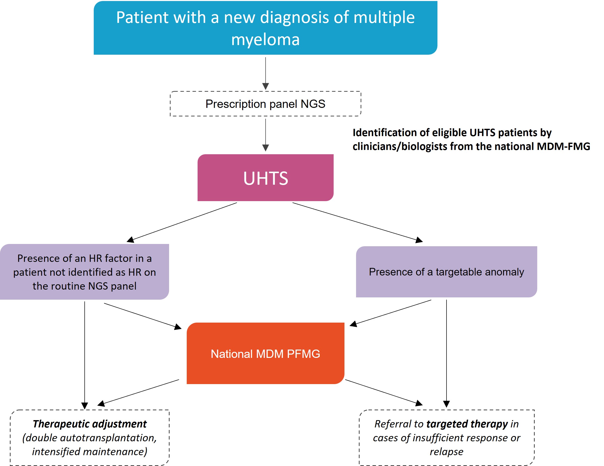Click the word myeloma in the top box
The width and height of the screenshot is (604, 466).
tap(265, 40)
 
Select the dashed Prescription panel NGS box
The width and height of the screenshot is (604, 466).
tap(265, 104)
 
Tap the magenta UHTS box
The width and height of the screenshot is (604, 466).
tap(265, 177)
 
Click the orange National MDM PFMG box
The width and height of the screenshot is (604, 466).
tap(265, 353)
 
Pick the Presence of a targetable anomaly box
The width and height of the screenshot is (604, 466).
tap(446, 272)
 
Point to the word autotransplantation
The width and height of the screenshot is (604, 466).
tap(108, 438)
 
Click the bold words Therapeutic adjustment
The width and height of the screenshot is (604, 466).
tap(90, 424)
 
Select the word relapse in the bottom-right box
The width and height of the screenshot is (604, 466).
tap(446, 452)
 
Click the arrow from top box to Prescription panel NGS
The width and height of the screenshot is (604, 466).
tap(266, 73)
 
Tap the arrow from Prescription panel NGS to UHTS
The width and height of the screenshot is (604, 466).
tap(266, 134)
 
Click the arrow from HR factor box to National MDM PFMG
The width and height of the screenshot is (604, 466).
tap(142, 316)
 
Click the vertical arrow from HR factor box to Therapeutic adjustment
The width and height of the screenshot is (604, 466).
tap(85, 354)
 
